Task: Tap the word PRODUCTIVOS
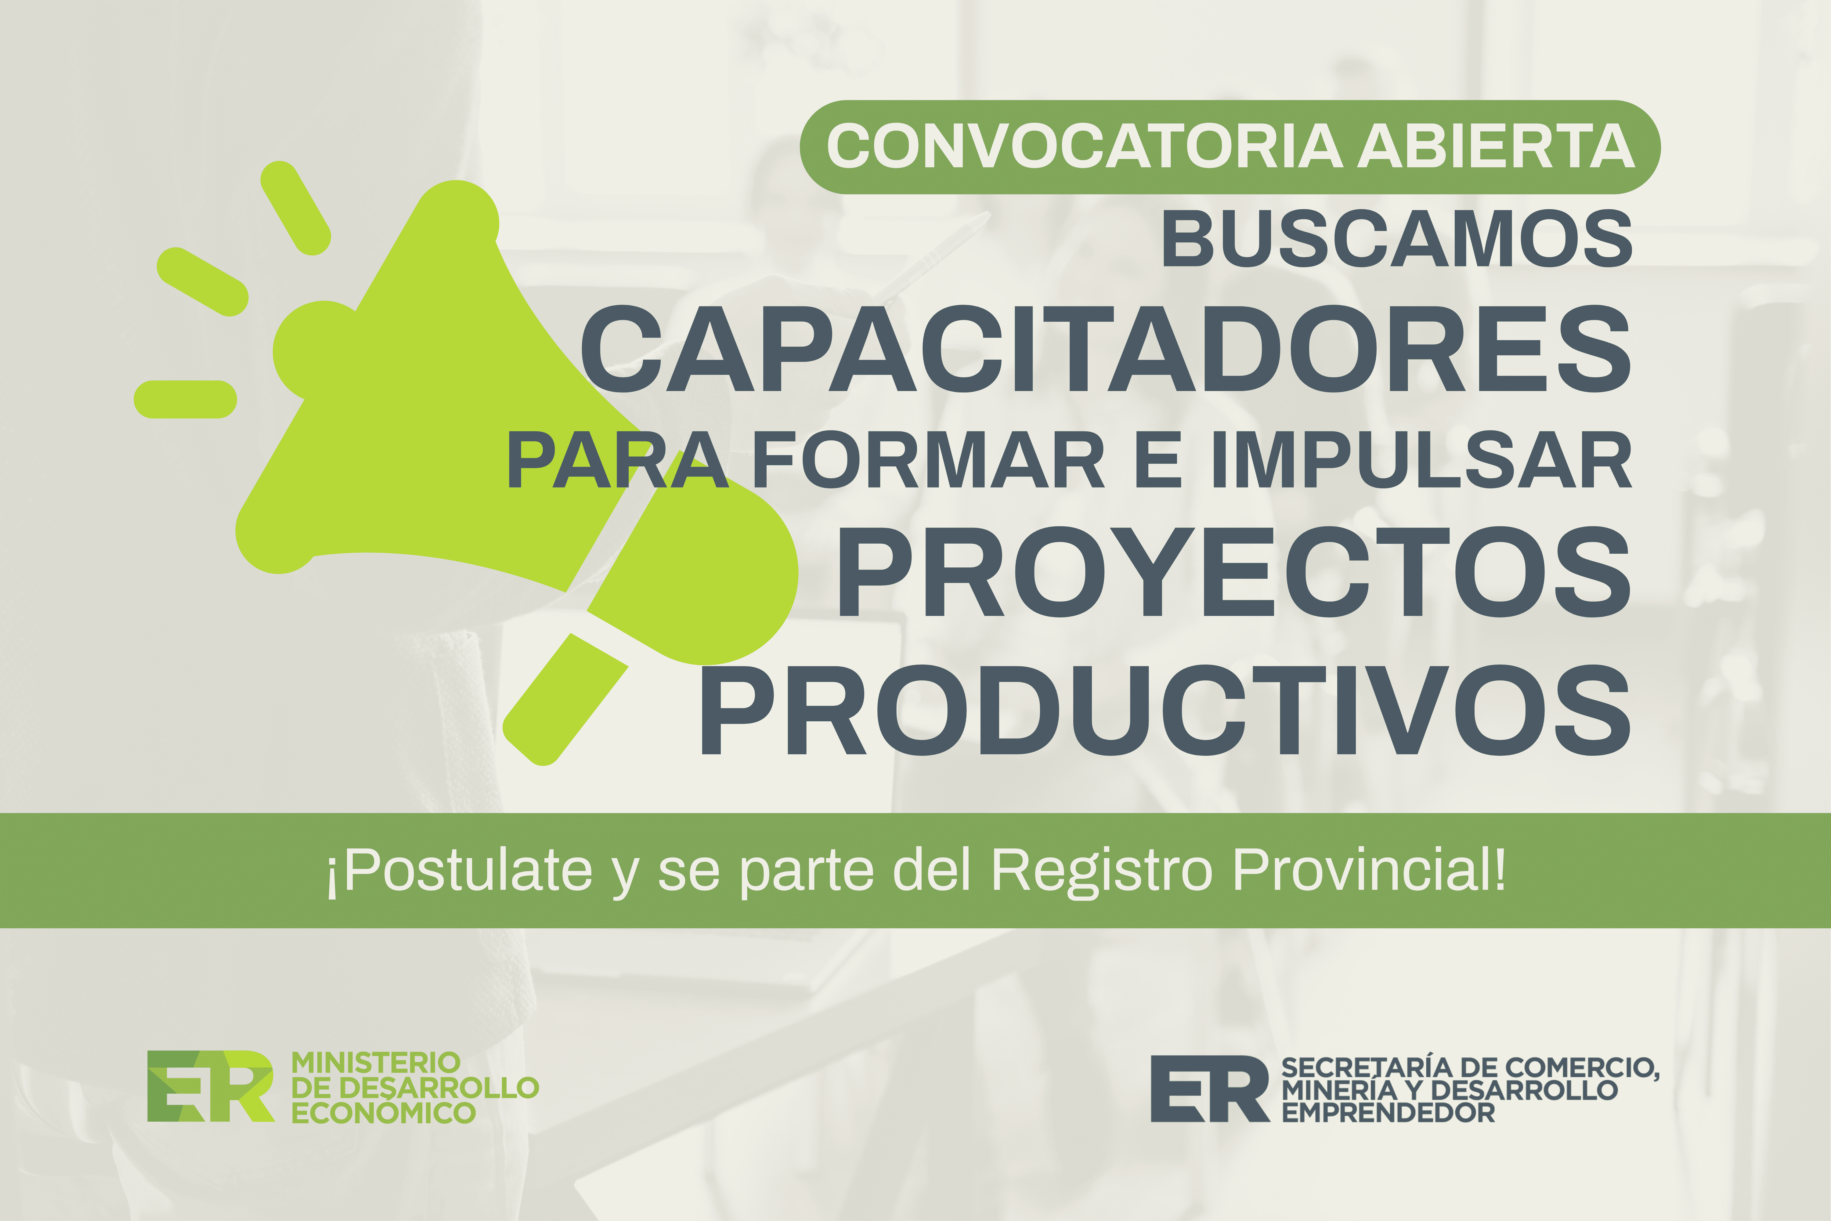1165,710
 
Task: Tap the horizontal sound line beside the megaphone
185,400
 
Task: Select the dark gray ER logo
1210,1089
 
